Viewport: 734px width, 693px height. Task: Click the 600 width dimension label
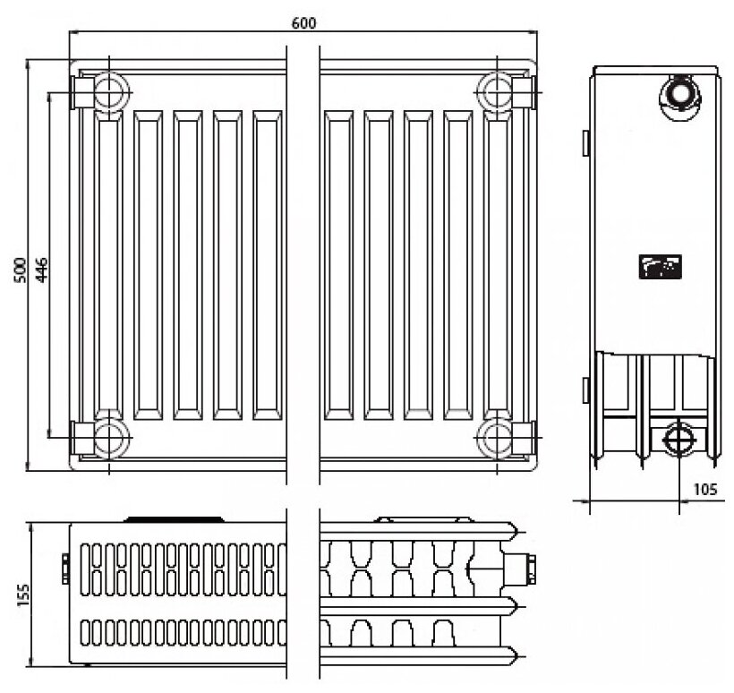pyautogui.click(x=303, y=21)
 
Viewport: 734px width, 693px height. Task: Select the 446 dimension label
pyautogui.click(x=42, y=266)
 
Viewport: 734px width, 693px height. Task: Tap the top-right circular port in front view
pyautogui.click(x=495, y=91)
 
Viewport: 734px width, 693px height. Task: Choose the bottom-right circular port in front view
pyautogui.click(x=495, y=438)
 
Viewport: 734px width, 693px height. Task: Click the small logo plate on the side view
pyautogui.click(x=660, y=266)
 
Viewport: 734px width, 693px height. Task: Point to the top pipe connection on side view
pyautogui.click(x=678, y=93)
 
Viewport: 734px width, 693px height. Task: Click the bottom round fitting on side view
pyautogui.click(x=674, y=439)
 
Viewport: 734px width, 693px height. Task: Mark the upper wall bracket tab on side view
pyautogui.click(x=585, y=141)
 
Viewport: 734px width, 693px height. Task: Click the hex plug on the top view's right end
pyautogui.click(x=526, y=567)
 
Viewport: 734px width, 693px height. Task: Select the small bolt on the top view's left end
pyautogui.click(x=65, y=568)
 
